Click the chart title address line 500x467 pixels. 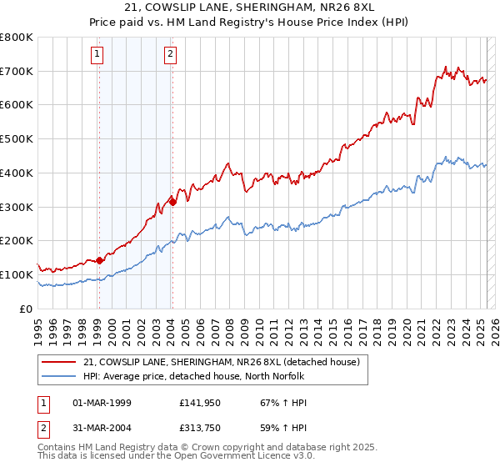(x=249, y=9)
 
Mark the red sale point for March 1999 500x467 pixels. (x=99, y=260)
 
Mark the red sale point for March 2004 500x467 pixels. (x=172, y=202)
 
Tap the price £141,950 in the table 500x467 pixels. (x=198, y=403)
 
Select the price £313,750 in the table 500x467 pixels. (x=198, y=427)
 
